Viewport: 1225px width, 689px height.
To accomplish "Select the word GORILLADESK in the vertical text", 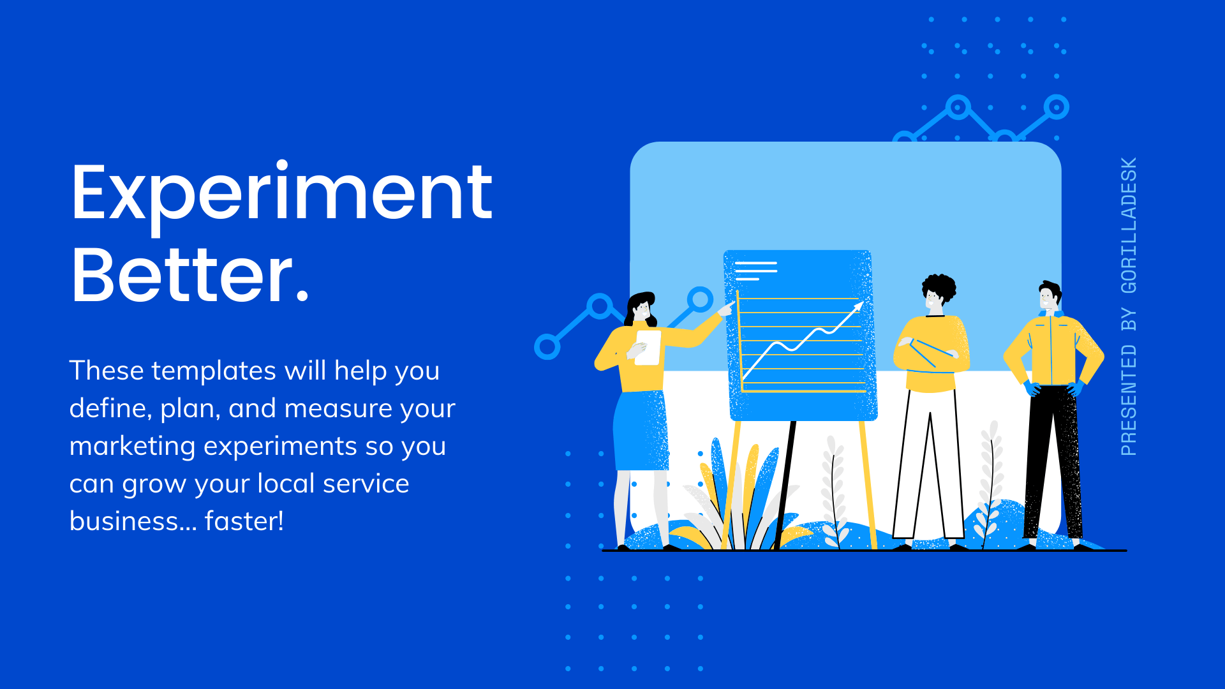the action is pyautogui.click(x=1129, y=225).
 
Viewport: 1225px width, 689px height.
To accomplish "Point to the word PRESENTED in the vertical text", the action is pyautogui.click(x=1129, y=400).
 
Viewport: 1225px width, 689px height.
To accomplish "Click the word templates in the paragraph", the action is pyautogui.click(x=214, y=371).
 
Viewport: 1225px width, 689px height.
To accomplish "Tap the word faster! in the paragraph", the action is pyautogui.click(x=244, y=521).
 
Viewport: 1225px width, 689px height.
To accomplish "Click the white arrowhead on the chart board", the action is pyautogui.click(x=858, y=307).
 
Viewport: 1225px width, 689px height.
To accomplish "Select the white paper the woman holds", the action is pyautogui.click(x=648, y=348).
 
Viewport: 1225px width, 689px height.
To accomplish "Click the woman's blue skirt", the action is pyautogui.click(x=641, y=431).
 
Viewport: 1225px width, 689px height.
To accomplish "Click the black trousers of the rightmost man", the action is pyautogui.click(x=1053, y=463).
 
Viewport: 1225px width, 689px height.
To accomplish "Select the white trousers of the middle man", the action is pyautogui.click(x=929, y=463).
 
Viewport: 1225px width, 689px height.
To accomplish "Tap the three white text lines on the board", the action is pyautogui.click(x=756, y=271).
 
